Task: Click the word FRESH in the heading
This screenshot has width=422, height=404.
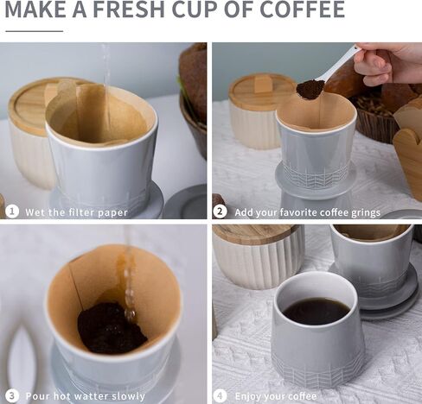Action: click(128, 9)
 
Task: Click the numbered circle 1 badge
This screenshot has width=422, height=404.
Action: click(12, 211)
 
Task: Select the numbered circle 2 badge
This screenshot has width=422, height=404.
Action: click(220, 212)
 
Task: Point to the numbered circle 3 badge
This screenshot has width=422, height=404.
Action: click(12, 396)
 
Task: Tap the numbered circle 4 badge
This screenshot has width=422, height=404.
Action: click(220, 396)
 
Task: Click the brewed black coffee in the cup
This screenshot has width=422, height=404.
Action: click(316, 312)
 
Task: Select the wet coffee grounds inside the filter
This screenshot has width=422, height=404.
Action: click(112, 328)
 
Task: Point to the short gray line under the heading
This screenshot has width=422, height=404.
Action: click(35, 31)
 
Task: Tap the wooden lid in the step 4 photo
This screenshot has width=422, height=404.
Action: click(256, 234)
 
